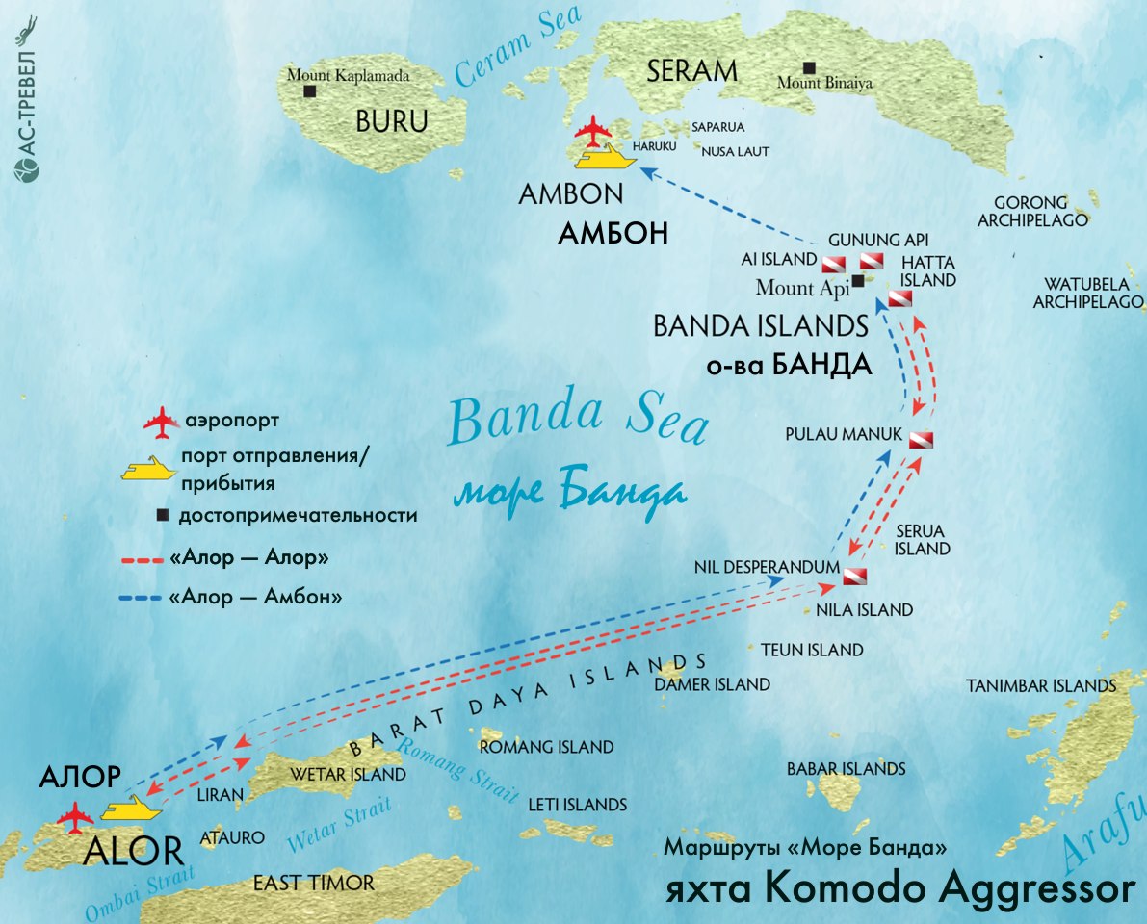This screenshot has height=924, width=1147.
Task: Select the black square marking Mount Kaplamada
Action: point(309,91)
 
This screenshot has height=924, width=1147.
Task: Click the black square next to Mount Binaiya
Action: point(810,67)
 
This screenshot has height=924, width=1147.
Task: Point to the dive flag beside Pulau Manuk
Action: point(921,440)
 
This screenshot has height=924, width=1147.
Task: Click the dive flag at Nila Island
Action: point(855,577)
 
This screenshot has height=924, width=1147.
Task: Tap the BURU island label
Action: point(391,121)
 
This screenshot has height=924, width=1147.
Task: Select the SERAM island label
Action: point(691,70)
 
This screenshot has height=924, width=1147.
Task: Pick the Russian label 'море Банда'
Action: point(570,494)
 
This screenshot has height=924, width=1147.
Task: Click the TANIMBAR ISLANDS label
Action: point(1041,686)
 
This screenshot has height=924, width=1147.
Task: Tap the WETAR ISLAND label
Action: point(349,774)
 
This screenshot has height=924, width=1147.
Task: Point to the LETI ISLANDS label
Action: point(577,805)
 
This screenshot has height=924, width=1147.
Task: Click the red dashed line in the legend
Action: point(141,558)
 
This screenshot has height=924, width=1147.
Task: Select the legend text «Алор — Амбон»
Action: point(255,598)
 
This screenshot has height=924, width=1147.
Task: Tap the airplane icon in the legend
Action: point(161,422)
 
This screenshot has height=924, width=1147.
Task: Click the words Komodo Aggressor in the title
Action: point(952,888)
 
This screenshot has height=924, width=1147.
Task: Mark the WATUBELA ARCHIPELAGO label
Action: point(1088,294)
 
